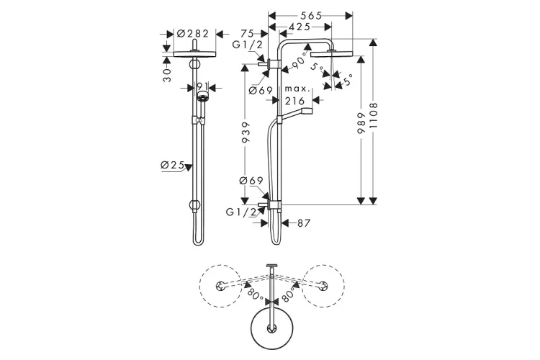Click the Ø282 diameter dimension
(193, 33)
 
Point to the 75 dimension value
(248, 33)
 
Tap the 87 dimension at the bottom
(302, 224)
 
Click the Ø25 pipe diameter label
(172, 166)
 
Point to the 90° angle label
(295, 67)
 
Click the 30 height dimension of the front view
(166, 74)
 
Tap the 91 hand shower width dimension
(204, 86)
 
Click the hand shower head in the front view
(204, 94)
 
